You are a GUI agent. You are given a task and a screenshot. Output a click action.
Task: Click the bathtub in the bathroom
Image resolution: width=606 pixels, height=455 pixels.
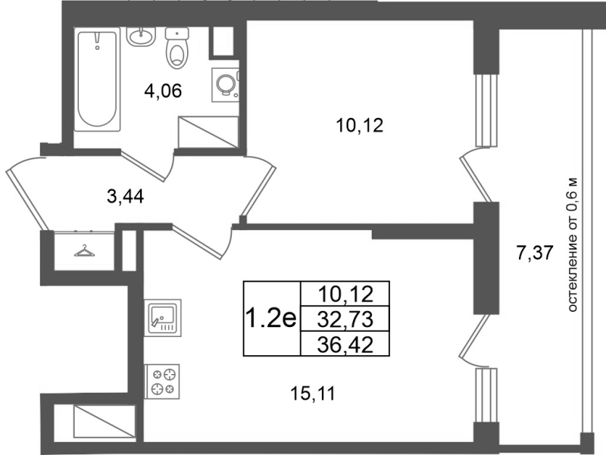pyautogui.click(x=98, y=79)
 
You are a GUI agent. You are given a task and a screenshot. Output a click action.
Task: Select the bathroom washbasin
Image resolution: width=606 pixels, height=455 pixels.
pyautogui.click(x=140, y=37)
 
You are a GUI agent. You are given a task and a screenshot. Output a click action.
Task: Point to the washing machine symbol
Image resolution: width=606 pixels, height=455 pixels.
pyautogui.click(x=226, y=85)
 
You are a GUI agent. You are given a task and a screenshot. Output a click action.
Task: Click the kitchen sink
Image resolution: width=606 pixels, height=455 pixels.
pyautogui.click(x=162, y=317)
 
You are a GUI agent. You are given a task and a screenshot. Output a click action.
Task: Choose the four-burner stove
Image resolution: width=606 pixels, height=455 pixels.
pyautogui.click(x=162, y=382)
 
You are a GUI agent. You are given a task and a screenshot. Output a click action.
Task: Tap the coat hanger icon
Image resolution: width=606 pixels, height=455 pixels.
pyautogui.click(x=84, y=251)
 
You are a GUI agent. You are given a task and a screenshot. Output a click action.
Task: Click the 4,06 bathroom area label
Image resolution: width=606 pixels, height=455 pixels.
pyautogui.click(x=163, y=92)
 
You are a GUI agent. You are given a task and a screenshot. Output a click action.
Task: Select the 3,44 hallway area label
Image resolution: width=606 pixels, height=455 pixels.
pyautogui.click(x=125, y=197)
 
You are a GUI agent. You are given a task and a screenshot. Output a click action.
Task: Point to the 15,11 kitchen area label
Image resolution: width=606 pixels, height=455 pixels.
pyautogui.click(x=313, y=394)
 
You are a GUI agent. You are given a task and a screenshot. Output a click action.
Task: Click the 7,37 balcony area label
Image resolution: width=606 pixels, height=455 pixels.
pyautogui.click(x=536, y=253)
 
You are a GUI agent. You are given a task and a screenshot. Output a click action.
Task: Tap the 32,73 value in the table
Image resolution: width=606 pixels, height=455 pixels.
pyautogui.click(x=345, y=319)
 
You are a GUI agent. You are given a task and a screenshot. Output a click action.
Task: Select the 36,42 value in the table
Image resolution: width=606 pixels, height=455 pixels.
pyautogui.click(x=345, y=344)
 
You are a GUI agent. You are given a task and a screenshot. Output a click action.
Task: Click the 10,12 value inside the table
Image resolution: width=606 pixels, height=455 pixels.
pyautogui.click(x=345, y=295)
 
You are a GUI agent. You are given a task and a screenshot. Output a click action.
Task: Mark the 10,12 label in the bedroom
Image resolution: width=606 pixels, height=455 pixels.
pyautogui.click(x=360, y=126)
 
